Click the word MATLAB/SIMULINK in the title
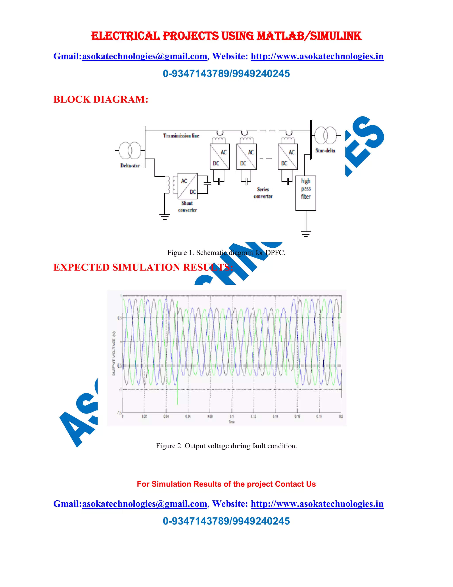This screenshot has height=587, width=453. [309, 36]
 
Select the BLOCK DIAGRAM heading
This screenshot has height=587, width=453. [101, 99]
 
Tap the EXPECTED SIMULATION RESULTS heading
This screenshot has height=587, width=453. [143, 267]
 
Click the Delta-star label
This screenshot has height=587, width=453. [130, 165]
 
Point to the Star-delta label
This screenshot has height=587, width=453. [325, 151]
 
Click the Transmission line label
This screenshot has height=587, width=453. [181, 136]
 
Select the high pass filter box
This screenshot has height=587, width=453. [306, 193]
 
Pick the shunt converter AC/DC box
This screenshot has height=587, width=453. [188, 186]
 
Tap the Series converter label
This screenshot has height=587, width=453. [263, 193]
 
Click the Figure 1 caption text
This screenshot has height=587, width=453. [226, 253]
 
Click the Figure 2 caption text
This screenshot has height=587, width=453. [226, 446]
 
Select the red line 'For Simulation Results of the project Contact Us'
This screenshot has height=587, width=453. [226, 484]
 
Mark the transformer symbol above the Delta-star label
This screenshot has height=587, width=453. [130, 150]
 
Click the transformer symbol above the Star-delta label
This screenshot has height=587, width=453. [325, 136]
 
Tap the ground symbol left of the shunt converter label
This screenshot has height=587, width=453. [165, 217]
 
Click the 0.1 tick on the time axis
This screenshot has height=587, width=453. [232, 417]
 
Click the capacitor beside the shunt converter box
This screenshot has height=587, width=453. [207, 184]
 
